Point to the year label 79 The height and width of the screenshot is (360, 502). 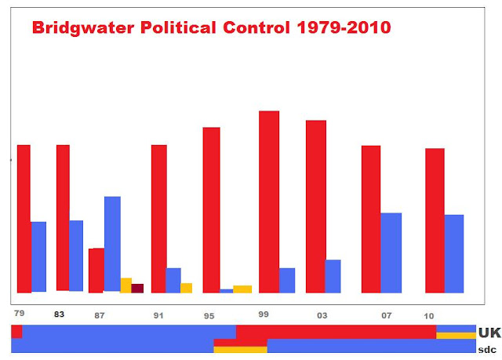point(19,314)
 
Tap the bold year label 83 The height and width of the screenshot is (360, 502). point(59,315)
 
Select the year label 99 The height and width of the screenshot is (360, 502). point(264,314)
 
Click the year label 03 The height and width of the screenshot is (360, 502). point(322,315)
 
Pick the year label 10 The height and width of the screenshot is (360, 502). point(429,315)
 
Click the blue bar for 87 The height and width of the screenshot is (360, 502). point(112,244)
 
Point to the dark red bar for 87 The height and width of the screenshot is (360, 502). point(137,288)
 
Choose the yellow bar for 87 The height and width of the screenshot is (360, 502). point(125,285)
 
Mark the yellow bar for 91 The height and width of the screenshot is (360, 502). point(187,288)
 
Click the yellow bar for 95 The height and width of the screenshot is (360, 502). point(242,289)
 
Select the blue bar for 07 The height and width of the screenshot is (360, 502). point(391,253)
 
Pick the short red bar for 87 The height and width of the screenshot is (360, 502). point(96,270)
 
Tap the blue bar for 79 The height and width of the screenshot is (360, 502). point(38,256)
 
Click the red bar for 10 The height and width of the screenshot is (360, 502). point(435,220)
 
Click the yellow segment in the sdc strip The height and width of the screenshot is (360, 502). point(240,350)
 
